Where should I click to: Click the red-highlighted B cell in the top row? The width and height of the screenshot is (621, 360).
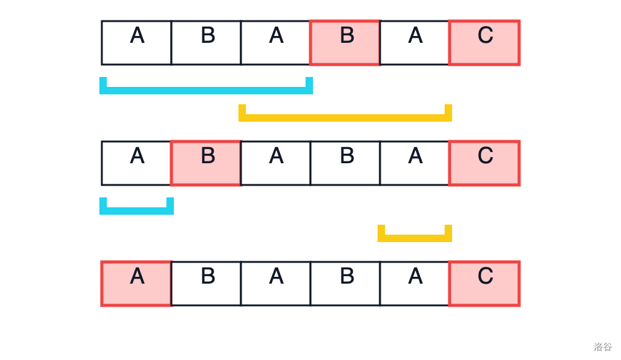click(345, 43)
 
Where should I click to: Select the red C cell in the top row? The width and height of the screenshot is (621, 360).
click(484, 43)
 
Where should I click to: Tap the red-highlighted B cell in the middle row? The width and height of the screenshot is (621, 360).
click(206, 163)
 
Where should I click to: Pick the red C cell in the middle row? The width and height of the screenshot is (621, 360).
click(484, 163)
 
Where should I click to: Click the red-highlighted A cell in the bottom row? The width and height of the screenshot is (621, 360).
click(136, 284)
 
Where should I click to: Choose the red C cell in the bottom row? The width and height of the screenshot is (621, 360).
click(484, 284)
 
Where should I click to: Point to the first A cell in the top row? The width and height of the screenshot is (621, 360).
click(136, 43)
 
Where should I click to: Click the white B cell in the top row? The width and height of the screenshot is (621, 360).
click(206, 43)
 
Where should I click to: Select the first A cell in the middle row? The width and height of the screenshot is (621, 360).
click(136, 163)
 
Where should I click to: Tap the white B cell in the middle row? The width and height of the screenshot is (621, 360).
click(345, 163)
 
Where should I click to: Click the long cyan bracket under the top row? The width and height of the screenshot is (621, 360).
click(206, 91)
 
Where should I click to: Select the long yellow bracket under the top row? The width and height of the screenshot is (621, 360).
click(345, 118)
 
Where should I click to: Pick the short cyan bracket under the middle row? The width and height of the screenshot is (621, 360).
click(137, 211)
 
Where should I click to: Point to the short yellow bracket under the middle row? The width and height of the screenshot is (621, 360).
click(415, 238)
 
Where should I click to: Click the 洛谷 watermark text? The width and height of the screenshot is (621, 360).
click(603, 346)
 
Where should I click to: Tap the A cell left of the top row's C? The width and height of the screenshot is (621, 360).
click(415, 43)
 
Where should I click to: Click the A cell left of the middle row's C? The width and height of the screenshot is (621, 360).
click(415, 163)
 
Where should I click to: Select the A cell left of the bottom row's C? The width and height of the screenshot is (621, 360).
click(415, 284)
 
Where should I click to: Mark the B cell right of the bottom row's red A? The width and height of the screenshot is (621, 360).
click(206, 284)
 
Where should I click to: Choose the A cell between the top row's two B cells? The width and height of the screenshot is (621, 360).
click(276, 43)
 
